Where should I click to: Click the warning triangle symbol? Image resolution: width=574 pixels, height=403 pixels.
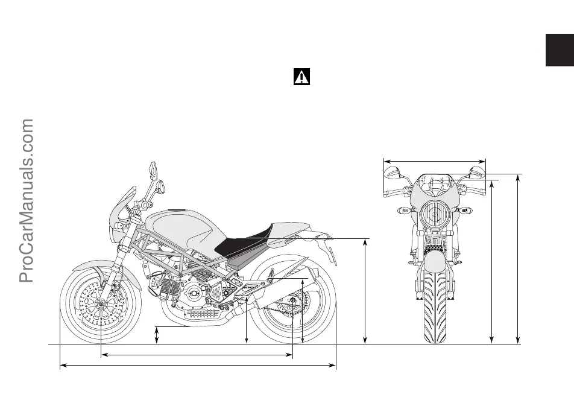[x=301, y=77]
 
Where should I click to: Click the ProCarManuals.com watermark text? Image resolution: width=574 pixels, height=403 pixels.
[x=28, y=200]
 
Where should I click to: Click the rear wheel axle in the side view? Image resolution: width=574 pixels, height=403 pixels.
[x=292, y=300]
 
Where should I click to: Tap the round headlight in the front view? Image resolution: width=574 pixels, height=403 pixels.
[x=434, y=214]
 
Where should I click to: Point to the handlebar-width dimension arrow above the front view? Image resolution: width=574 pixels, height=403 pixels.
[x=434, y=161]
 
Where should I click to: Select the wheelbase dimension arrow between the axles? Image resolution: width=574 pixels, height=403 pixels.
[x=197, y=355]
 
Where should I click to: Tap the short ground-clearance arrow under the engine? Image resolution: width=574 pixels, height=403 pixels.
[x=157, y=335]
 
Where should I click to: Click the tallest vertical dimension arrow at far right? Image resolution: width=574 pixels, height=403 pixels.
[x=519, y=259]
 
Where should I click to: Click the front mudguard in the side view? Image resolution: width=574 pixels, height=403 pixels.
[x=90, y=266]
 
